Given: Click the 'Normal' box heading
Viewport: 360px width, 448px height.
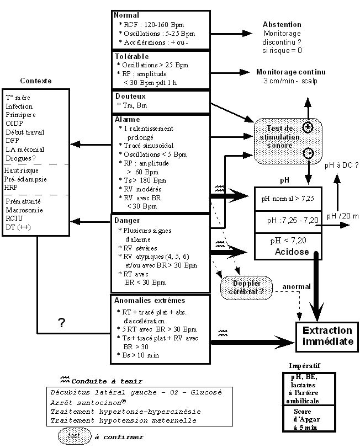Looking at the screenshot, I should click(126, 15).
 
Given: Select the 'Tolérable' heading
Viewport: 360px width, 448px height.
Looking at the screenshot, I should click(131, 56).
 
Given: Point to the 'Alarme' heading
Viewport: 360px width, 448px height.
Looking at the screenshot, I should click(127, 119).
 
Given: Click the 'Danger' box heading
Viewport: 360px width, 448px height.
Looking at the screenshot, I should click(127, 220).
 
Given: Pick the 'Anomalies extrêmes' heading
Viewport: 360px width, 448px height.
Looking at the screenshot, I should click(150, 301).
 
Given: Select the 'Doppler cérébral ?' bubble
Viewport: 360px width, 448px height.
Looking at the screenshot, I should click(246, 288).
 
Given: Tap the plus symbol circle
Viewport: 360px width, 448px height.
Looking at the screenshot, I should click(308, 126).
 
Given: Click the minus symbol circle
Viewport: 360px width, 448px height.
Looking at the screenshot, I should click(308, 152).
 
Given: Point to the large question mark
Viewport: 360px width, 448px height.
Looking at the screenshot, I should click(61, 324).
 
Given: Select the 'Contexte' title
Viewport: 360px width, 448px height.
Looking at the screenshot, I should click(36, 81).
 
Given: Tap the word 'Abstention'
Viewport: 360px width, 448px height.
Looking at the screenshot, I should click(282, 25).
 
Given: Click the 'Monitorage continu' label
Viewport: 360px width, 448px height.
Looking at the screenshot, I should click(290, 72).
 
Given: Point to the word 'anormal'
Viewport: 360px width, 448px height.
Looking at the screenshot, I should click(297, 287).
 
